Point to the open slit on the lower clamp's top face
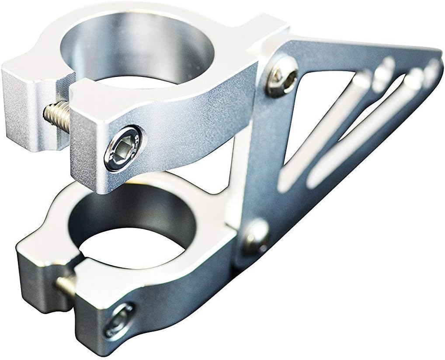pos(74,258)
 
